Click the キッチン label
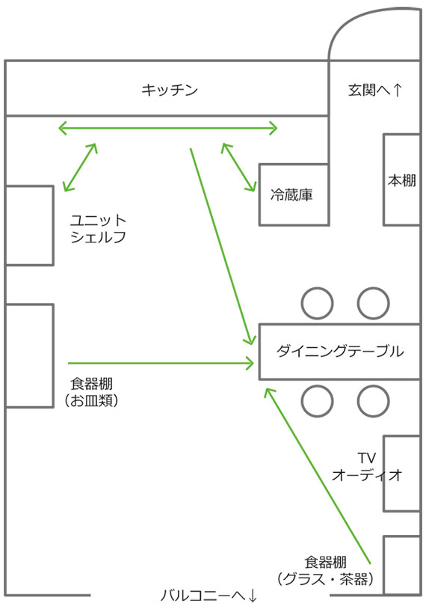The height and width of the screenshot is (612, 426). click(170, 90)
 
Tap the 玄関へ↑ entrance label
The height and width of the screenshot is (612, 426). click(374, 90)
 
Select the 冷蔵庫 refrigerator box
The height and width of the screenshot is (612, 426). click(294, 195)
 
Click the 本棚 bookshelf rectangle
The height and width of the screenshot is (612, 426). click(402, 180)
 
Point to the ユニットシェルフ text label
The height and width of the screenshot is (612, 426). click(98, 229)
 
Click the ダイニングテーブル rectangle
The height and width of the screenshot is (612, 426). click(339, 352)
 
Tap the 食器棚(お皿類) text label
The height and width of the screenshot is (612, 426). click(92, 392)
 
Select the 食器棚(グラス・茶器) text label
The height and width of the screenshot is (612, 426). click(325, 571)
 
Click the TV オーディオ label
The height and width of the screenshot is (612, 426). click(367, 467)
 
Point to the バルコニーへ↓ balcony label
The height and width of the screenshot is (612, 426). click(209, 596)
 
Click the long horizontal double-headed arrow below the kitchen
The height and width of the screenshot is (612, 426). click(167, 128)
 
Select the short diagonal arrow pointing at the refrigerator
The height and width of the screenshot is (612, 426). click(238, 167)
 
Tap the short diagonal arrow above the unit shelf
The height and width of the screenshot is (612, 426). click(80, 167)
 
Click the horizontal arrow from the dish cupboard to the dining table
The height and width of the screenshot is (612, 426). click(161, 364)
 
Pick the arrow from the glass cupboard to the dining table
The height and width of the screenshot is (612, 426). click(318, 475)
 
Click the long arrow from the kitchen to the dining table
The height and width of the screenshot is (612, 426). click(222, 247)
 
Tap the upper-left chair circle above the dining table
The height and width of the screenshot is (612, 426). click(318, 303)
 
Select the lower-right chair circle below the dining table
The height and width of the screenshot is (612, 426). click(374, 401)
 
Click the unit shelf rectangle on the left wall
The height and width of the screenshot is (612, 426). click(29, 226)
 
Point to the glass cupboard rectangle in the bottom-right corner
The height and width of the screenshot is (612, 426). click(402, 566)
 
